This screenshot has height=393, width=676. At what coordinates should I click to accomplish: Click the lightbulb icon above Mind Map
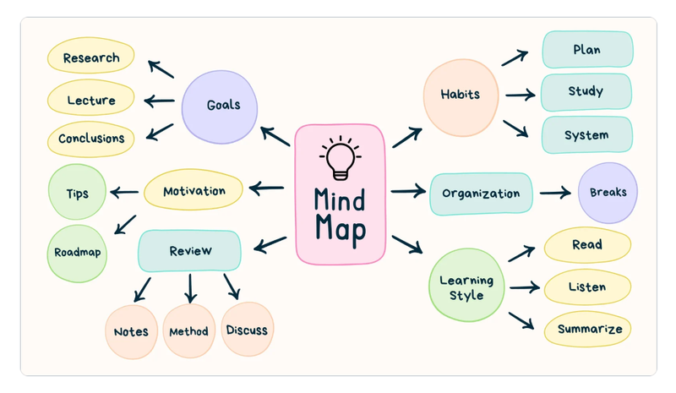pyautogui.click(x=341, y=158)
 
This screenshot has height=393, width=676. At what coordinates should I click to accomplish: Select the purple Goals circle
pyautogui.click(x=220, y=107)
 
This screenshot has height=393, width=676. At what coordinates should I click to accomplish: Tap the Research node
pyautogui.click(x=91, y=56)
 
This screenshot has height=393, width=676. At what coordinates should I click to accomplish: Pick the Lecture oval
pyautogui.click(x=91, y=97)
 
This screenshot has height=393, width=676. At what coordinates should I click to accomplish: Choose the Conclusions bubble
pyautogui.click(x=91, y=139)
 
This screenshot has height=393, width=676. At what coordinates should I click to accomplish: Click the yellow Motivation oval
pyautogui.click(x=194, y=189)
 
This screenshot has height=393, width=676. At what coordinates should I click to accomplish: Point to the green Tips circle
pyautogui.click(x=77, y=192)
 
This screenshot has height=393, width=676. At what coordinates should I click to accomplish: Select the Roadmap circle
pyautogui.click(x=77, y=254)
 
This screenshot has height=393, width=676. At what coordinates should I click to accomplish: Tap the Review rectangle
pyautogui.click(x=189, y=251)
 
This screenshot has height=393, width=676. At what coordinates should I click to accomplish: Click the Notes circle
pyautogui.click(x=132, y=332)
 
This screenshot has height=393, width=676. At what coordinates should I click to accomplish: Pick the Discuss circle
pyautogui.click(x=248, y=329)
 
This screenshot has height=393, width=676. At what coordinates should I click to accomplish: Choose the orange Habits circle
pyautogui.click(x=461, y=97)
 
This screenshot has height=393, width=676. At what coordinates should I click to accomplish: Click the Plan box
pyautogui.click(x=587, y=49)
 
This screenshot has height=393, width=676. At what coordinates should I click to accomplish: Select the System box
pyautogui.click(x=587, y=134)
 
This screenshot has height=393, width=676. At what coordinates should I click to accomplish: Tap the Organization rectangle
pyautogui.click(x=481, y=194)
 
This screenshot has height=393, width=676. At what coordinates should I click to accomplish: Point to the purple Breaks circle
pyautogui.click(x=608, y=193)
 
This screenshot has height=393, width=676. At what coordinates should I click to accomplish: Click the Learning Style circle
pyautogui.click(x=466, y=285)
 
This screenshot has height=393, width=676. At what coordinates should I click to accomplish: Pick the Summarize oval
pyautogui.click(x=587, y=329)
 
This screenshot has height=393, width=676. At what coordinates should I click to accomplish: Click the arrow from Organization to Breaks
pyautogui.click(x=555, y=193)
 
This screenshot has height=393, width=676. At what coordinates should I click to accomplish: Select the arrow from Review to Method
pyautogui.click(x=190, y=288)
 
